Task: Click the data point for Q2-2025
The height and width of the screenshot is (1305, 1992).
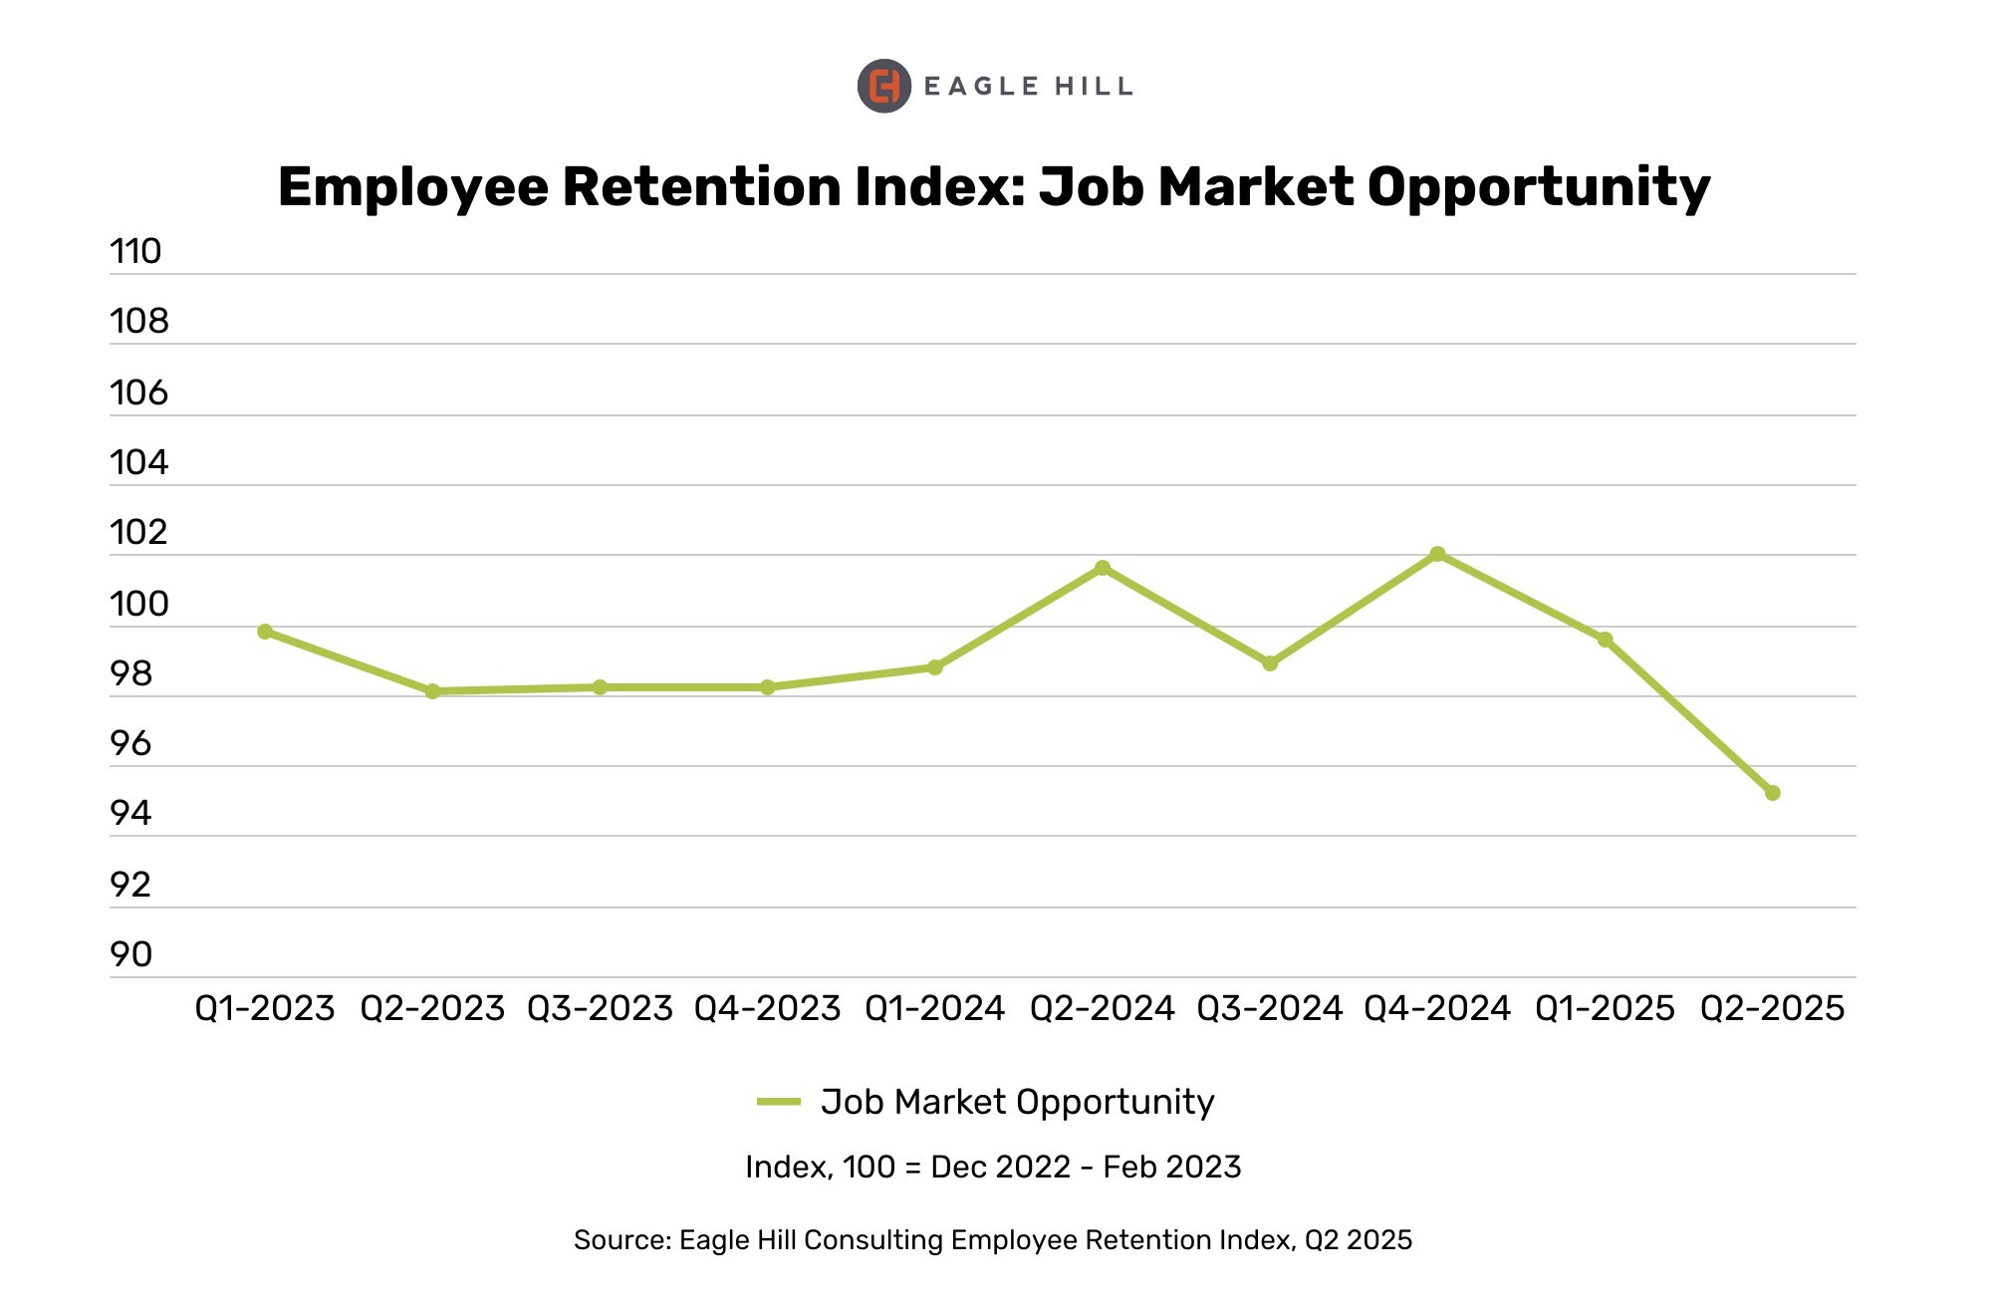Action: pyautogui.click(x=1772, y=793)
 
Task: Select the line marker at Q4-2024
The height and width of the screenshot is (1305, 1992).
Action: pyautogui.click(x=1437, y=554)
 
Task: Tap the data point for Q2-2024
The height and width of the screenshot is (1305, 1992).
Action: pyautogui.click(x=1103, y=568)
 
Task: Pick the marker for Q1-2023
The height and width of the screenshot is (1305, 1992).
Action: pyautogui.click(x=265, y=632)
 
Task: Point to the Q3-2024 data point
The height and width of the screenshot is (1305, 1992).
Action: pyautogui.click(x=1270, y=663)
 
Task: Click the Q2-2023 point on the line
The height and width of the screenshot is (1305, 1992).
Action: pyautogui.click(x=432, y=691)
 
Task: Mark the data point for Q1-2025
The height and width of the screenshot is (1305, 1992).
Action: pyautogui.click(x=1605, y=640)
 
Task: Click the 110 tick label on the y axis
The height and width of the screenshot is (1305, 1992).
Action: pyautogui.click(x=135, y=251)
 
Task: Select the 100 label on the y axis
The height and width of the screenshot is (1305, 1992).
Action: pyautogui.click(x=138, y=604)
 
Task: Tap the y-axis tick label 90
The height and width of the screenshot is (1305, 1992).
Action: pyautogui.click(x=130, y=954)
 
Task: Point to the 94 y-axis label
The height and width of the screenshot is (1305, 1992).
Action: pyautogui.click(x=130, y=814)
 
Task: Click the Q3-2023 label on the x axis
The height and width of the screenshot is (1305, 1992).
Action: pyautogui.click(x=600, y=1008)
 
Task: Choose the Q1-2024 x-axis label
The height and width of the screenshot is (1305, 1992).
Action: pyautogui.click(x=934, y=1008)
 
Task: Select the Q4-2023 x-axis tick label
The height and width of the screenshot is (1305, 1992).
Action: pyautogui.click(x=767, y=1008)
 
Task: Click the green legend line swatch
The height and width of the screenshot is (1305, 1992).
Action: pyautogui.click(x=779, y=1102)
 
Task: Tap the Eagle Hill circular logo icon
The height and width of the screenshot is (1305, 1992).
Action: pyautogui.click(x=883, y=86)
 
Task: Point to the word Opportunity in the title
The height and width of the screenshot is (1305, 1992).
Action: pyautogui.click(x=1538, y=187)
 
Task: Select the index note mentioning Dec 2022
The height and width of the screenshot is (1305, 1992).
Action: pyautogui.click(x=993, y=1167)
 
